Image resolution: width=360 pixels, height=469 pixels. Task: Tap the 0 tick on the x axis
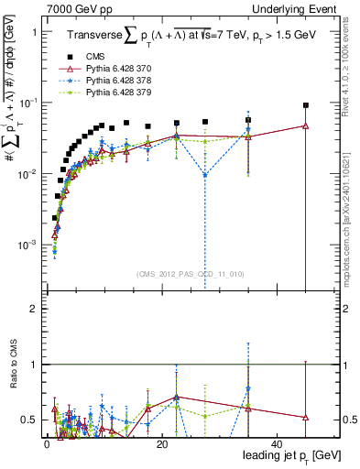[47, 443]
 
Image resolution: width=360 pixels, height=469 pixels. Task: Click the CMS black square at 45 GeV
[306, 105]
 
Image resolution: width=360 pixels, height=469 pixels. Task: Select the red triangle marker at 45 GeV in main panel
[306, 125]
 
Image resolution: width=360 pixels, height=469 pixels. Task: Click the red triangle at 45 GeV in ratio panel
[306, 417]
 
